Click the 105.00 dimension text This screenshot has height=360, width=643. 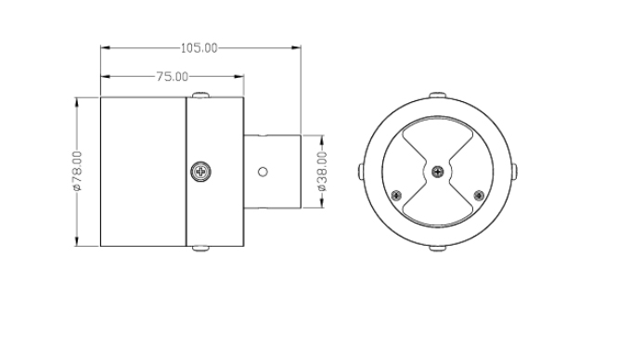click(x=198, y=46)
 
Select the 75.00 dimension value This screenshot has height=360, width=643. click(x=171, y=76)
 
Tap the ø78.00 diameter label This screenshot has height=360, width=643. click(x=77, y=172)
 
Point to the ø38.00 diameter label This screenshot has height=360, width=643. click(x=322, y=173)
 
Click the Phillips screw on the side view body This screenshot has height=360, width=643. click(x=199, y=172)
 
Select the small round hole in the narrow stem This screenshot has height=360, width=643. click(x=263, y=172)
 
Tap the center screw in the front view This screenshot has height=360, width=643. click(x=437, y=171)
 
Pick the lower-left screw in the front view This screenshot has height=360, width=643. click(x=397, y=195)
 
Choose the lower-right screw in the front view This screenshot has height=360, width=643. click(x=478, y=195)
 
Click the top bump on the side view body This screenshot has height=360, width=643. click(x=201, y=95)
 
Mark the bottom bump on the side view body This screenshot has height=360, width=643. click(x=201, y=249)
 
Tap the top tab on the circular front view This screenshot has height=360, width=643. click(x=437, y=94)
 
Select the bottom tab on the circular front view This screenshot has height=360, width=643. click(x=437, y=248)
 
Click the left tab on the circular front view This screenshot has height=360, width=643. click(x=360, y=171)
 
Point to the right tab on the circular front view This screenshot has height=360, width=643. click(x=515, y=171)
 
